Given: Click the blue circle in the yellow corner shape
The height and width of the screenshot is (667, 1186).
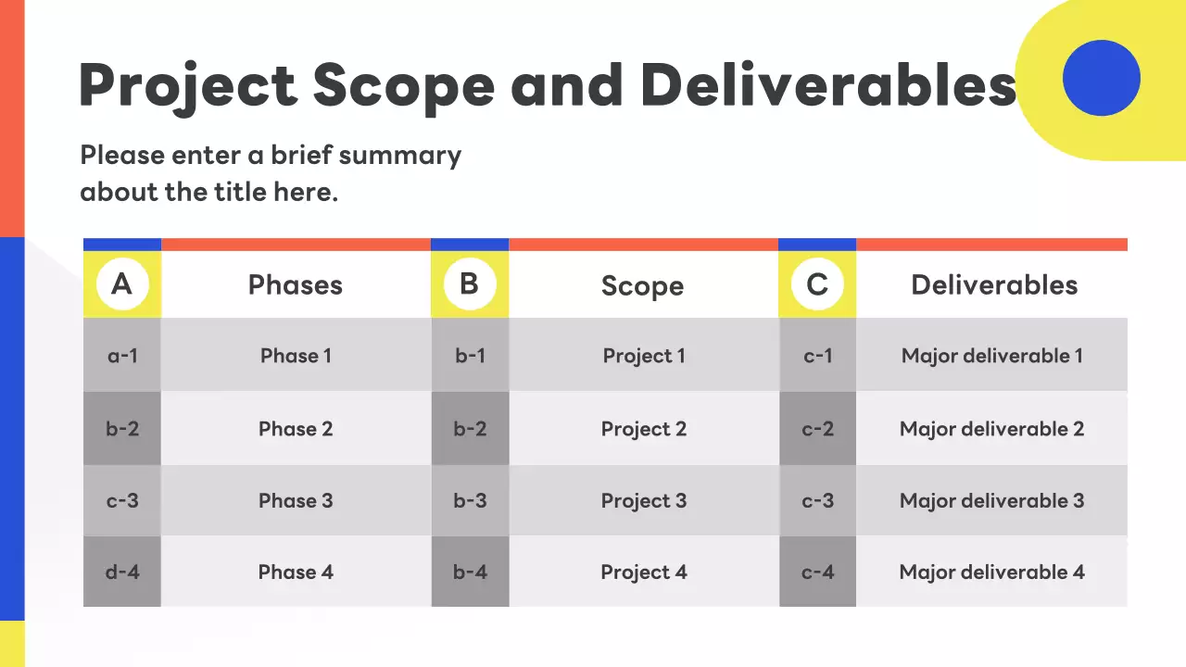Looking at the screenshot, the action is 1102,78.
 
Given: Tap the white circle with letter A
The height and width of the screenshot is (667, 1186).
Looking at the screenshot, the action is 122,284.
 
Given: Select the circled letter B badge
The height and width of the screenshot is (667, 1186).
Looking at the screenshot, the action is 470,284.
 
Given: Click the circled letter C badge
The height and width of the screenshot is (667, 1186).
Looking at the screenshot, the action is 817,284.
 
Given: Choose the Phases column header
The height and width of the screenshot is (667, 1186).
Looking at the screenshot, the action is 296,284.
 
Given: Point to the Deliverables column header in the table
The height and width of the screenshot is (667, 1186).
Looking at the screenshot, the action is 994,284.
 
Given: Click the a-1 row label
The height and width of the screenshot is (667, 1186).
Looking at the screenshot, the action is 122,355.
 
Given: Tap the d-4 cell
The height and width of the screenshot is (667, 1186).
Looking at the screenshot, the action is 122,572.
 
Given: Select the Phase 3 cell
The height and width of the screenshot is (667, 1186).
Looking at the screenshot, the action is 296,500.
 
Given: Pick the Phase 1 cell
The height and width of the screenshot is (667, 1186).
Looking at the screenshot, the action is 296,355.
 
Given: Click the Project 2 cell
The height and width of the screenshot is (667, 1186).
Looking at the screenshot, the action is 643,428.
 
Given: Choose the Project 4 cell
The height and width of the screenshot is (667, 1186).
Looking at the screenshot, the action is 643,572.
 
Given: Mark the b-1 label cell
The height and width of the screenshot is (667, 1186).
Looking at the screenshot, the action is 470,355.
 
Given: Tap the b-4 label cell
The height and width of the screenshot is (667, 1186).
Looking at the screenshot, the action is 470,572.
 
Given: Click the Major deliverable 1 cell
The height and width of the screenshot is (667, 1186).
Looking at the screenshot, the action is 991,355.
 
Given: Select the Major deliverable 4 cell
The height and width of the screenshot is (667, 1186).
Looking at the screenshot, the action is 991,572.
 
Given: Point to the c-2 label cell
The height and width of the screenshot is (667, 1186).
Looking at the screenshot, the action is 817,428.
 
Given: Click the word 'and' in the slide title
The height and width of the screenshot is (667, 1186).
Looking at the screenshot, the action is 566,84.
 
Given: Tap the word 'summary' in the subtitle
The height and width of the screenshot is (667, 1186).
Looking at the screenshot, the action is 400,157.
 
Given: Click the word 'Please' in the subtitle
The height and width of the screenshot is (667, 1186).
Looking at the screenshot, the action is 122,155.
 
